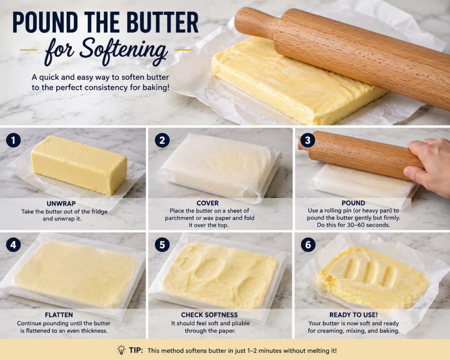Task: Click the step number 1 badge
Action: point(13,140)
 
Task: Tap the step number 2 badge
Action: point(162,140)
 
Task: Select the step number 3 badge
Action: point(308,140)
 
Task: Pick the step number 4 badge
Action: point(13,244)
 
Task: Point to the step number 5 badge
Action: point(162,244)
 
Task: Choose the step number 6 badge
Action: point(308,244)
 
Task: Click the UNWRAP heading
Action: point(61,204)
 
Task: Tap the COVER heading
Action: point(207,203)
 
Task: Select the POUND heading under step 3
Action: point(353,203)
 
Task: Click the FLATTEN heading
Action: point(59,315)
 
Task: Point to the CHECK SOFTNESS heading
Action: point(210,315)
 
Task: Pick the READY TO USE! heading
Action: point(354,315)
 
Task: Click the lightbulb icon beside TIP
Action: point(121,350)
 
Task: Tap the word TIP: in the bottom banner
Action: point(136,350)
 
